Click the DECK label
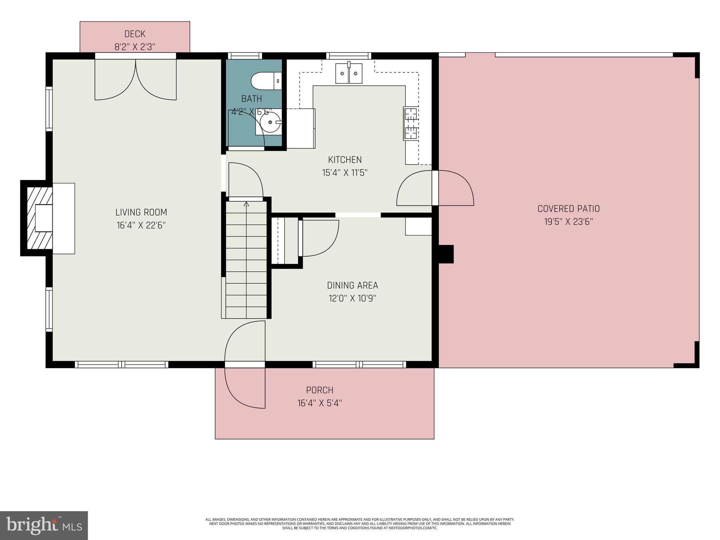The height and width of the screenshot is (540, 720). tap(135, 34)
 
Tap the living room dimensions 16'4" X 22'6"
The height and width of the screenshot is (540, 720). tap(141, 225)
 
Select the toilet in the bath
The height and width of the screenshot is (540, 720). tap(266, 81)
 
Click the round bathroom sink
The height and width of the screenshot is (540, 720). tap(270, 122)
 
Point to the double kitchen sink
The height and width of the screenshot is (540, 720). tap(348, 73)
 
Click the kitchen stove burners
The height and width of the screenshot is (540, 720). tap(411, 124)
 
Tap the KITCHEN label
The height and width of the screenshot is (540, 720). tap(345, 160)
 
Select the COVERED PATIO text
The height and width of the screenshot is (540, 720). tap(568, 209)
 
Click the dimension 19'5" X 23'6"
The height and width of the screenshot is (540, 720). tap(568, 222)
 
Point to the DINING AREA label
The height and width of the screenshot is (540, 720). tap(352, 285)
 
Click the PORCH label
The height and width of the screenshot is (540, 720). tap(320, 390)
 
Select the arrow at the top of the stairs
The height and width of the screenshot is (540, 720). tap(246, 204)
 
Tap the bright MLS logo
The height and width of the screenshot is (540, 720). tap(44, 525)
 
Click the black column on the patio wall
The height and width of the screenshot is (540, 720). tap(446, 254)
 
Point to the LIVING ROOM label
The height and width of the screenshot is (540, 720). tap(141, 212)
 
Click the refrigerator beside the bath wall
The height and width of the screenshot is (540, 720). tap(301, 128)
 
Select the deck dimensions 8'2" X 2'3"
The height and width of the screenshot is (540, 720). tap(135, 47)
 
